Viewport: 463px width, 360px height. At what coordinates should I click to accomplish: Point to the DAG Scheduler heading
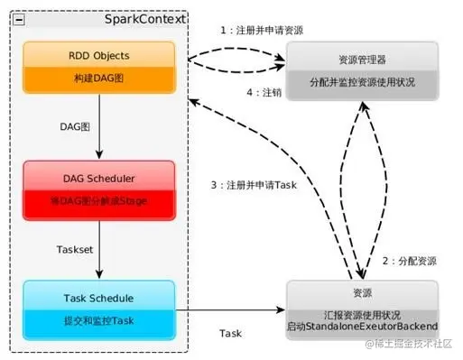(97, 176)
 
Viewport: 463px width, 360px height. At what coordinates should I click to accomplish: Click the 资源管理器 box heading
(361, 60)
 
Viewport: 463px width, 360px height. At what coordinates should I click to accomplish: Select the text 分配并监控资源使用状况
(361, 82)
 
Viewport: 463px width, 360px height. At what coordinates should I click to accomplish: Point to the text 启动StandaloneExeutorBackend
(361, 325)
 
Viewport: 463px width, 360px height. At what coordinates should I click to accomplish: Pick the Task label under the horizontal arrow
(231, 333)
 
